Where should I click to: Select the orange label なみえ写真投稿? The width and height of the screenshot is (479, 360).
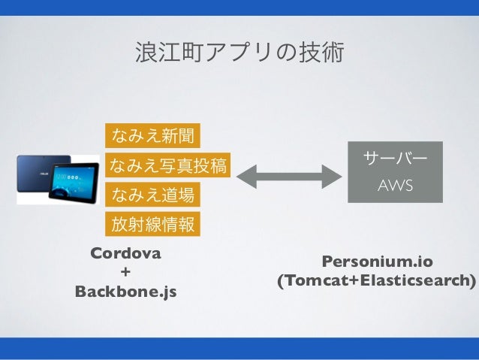pyautogui.click(x=168, y=165)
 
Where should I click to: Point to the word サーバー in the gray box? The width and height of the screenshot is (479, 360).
pyautogui.click(x=395, y=159)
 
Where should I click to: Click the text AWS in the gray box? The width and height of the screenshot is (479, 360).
pyautogui.click(x=395, y=185)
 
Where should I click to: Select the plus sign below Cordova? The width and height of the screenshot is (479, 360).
pyautogui.click(x=125, y=271)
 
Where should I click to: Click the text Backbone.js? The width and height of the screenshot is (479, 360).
pyautogui.click(x=125, y=290)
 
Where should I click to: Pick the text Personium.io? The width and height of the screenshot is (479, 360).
pyautogui.click(x=377, y=262)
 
